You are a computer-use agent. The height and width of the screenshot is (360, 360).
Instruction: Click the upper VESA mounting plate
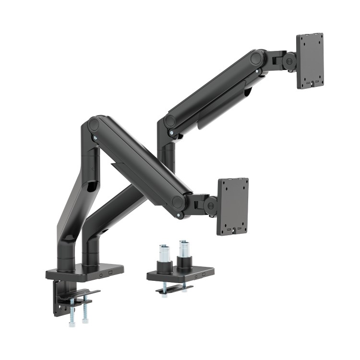pyautogui.click(x=310, y=61)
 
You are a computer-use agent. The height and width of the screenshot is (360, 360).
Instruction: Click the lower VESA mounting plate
pyautogui.click(x=233, y=206)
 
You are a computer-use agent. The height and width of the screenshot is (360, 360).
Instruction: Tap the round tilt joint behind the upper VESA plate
pyautogui.click(x=289, y=60)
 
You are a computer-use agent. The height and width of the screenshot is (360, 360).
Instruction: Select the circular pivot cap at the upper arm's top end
pyautogui.click(x=257, y=59)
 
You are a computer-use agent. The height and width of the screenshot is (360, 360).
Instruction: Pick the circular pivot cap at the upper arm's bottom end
pyautogui.click(x=170, y=121)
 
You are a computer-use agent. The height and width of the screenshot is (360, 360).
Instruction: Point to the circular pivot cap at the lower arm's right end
pyautogui.click(x=179, y=202)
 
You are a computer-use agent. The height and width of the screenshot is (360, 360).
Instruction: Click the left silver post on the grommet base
pyautogui.click(x=163, y=253)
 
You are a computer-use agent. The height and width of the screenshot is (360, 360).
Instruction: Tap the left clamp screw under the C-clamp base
pyautogui.click(x=72, y=312)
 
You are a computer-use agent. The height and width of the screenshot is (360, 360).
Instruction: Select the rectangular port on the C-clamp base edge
pyautogui.click(x=110, y=273)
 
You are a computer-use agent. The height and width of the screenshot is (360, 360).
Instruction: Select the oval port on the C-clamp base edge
pyautogui.click(x=101, y=275)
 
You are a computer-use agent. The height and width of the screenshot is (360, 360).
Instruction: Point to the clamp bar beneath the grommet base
pyautogui.click(x=174, y=288)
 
